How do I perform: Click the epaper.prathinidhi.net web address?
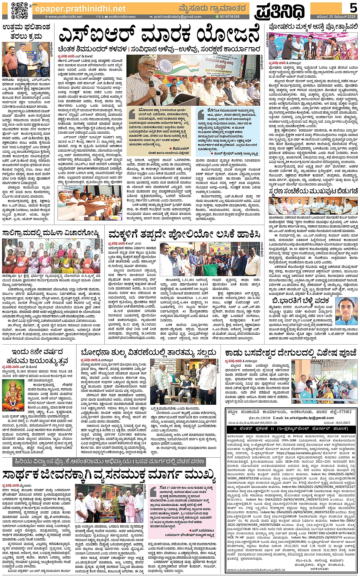80,8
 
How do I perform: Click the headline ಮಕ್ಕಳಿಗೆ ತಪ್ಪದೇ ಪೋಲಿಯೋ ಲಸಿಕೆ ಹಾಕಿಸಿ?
184,234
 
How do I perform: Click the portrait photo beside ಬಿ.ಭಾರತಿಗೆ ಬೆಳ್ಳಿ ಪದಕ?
347,310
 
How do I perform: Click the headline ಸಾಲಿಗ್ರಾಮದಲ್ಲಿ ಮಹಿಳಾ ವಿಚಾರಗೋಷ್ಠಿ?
51,233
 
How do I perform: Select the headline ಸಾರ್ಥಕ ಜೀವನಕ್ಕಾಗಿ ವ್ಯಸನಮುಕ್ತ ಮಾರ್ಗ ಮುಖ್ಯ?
109,476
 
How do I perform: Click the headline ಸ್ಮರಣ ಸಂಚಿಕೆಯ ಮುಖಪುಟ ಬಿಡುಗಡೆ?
313,190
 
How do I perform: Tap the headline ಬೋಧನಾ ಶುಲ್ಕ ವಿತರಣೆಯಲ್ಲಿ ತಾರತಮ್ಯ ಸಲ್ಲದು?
149,353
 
